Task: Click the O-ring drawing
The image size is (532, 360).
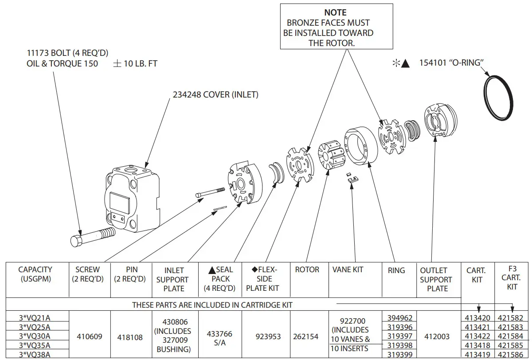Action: (x=499, y=97)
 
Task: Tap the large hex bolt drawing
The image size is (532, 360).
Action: (x=92, y=237)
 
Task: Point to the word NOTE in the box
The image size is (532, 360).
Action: (x=336, y=12)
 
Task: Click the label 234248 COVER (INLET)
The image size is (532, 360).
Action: (x=215, y=95)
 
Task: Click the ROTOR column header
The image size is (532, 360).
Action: (x=307, y=270)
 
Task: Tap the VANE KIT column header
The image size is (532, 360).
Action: (x=348, y=270)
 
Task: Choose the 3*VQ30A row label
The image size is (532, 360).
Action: (x=35, y=337)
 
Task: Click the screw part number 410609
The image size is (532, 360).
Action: (x=89, y=337)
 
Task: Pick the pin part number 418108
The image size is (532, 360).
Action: (x=130, y=337)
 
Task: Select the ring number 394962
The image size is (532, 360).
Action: (x=399, y=318)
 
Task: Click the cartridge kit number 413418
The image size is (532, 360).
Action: (x=477, y=345)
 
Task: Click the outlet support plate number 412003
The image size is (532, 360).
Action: (x=437, y=337)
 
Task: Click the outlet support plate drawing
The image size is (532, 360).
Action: (x=441, y=120)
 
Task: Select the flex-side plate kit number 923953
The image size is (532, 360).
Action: (x=268, y=337)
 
